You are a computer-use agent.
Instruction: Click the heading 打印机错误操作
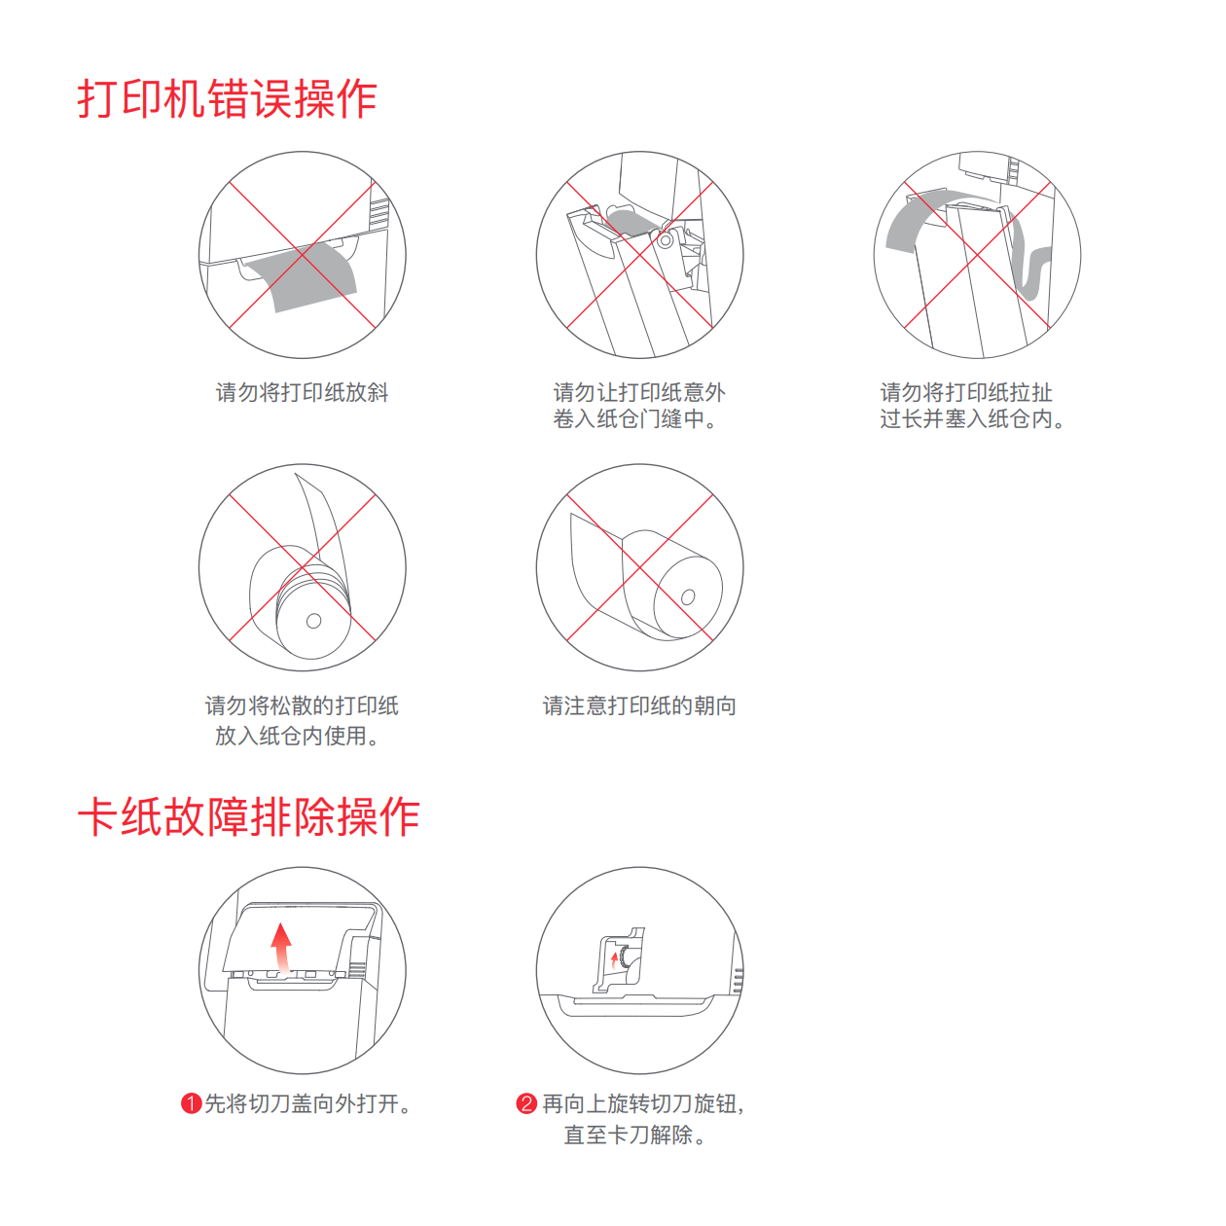click(227, 99)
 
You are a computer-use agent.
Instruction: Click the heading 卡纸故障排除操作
click(248, 816)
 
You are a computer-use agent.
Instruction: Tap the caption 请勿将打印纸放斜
click(302, 392)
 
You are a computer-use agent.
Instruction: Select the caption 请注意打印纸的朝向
click(639, 705)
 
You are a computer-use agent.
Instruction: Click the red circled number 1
click(191, 1103)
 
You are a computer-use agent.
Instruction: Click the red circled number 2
click(526, 1103)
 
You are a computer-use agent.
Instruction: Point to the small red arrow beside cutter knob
click(614, 958)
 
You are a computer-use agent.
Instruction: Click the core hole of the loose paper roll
click(313, 621)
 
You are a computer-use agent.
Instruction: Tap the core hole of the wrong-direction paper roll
click(688, 596)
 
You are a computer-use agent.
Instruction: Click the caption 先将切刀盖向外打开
click(307, 1103)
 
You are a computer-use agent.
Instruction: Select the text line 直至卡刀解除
click(635, 1135)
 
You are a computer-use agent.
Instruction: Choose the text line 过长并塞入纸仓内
click(972, 419)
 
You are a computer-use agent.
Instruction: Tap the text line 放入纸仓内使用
click(298, 736)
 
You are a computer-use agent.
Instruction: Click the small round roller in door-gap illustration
click(666, 239)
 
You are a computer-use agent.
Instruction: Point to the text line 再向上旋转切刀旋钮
click(643, 1103)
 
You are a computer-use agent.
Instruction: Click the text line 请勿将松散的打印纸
click(302, 705)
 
